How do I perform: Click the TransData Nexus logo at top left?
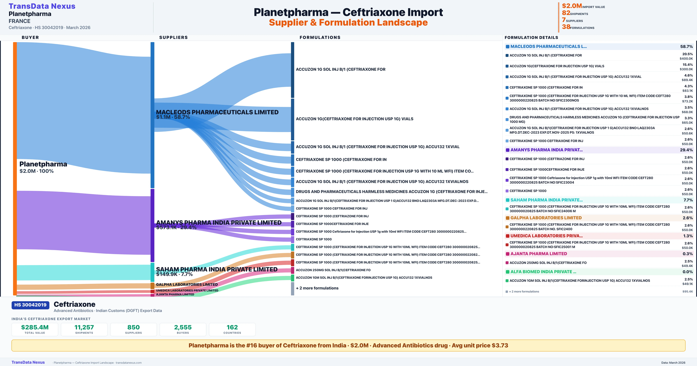pos(42,6)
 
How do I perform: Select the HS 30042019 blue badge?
pos(30,305)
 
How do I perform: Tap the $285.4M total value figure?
pos(35,327)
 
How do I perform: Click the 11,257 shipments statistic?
pos(84,327)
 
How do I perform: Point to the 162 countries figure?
pos(232,327)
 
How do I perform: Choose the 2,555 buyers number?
pos(183,327)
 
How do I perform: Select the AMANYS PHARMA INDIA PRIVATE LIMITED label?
pos(219,223)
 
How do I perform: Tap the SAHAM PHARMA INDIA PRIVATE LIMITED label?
pos(217,269)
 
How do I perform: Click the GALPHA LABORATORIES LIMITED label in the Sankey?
pos(187,285)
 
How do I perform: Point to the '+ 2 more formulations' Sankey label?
pos(317,288)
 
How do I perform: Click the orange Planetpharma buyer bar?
pos(15,168)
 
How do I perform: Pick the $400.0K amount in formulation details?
pos(686,59)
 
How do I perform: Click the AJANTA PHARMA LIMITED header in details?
pos(538,254)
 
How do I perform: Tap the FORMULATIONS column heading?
pos(320,37)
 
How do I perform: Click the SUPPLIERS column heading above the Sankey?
pos(173,37)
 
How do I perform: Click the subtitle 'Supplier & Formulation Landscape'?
pos(348,23)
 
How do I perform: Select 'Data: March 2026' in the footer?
pos(673,363)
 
